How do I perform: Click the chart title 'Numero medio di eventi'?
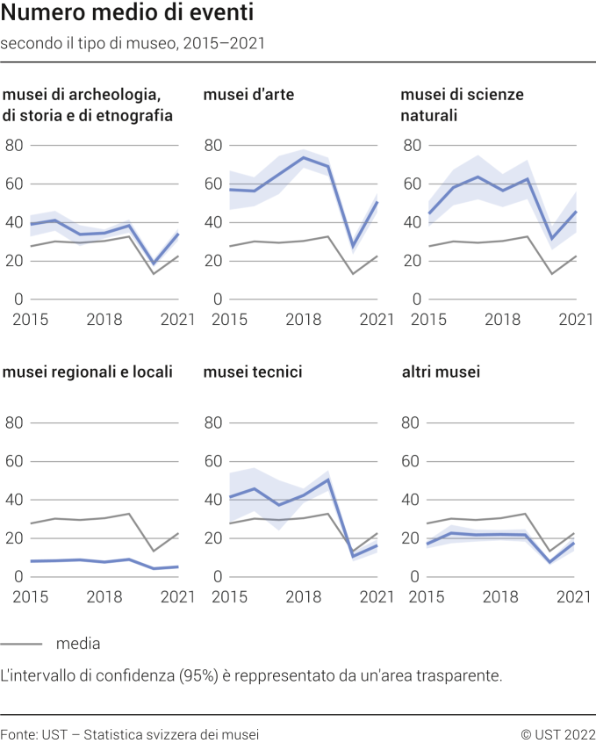point(127,14)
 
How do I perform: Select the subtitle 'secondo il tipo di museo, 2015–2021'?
point(133,42)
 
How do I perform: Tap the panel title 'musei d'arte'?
point(248,95)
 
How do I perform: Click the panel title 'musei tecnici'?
point(253,372)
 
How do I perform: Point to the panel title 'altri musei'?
point(441,372)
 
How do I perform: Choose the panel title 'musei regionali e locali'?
point(88,372)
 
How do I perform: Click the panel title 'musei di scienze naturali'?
point(462,105)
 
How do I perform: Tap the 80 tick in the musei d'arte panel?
point(213,145)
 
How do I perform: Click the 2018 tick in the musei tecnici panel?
point(304,597)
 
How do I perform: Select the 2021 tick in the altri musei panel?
point(576,597)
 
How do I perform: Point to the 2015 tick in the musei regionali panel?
point(29,597)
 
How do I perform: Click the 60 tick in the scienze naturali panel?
point(412,184)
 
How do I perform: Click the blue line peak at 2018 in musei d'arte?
point(304,158)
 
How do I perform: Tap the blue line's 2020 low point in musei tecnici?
point(353,556)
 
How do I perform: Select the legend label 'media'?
point(78,644)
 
